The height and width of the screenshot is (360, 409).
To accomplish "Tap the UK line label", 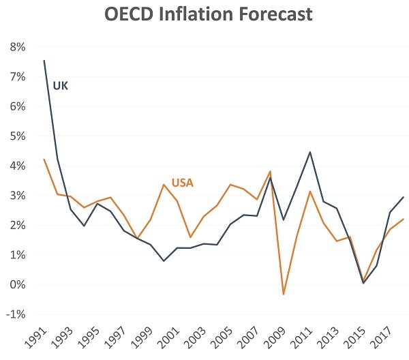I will click(61, 86).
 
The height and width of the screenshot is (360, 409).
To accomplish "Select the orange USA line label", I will click(183, 182).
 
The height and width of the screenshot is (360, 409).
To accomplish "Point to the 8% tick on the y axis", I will click(16, 47).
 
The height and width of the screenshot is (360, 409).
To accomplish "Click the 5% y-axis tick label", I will click(16, 136).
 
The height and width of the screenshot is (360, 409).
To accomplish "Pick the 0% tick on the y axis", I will click(16, 285).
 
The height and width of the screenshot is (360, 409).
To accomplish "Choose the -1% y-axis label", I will click(15, 314).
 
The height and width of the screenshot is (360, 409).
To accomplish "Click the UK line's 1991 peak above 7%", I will click(44, 61).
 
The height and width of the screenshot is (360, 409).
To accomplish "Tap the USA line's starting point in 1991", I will click(44, 160).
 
